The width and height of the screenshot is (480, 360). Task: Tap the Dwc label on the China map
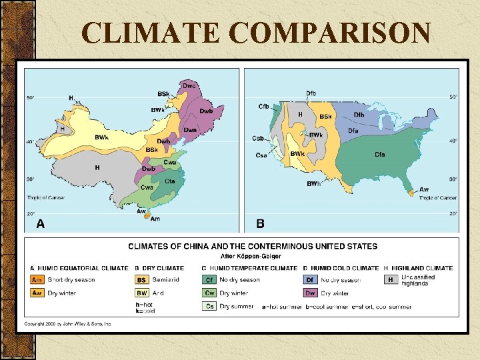point(189,85)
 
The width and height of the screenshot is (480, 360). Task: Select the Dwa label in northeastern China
point(190,129)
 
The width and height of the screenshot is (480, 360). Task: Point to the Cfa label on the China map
point(170,181)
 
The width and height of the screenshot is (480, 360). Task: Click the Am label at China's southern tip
point(155,219)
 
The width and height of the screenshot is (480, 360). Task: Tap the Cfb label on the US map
point(264,106)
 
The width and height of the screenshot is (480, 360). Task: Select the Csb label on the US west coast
point(258,138)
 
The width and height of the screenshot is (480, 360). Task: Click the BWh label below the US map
point(313,184)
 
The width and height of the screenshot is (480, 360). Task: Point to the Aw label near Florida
point(424,189)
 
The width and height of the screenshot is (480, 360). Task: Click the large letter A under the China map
point(40,224)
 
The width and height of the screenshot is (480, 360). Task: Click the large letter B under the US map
point(260,224)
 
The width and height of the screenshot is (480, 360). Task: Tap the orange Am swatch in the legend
point(37,280)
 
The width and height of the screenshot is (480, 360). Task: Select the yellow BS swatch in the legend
point(142,280)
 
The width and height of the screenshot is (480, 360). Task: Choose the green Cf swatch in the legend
point(209,280)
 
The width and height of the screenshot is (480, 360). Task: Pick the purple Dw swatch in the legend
point(311,293)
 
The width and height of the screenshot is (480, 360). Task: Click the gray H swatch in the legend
point(391,280)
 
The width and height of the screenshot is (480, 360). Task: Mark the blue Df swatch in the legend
point(311,280)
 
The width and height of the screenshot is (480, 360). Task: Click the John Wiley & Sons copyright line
point(67,324)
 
